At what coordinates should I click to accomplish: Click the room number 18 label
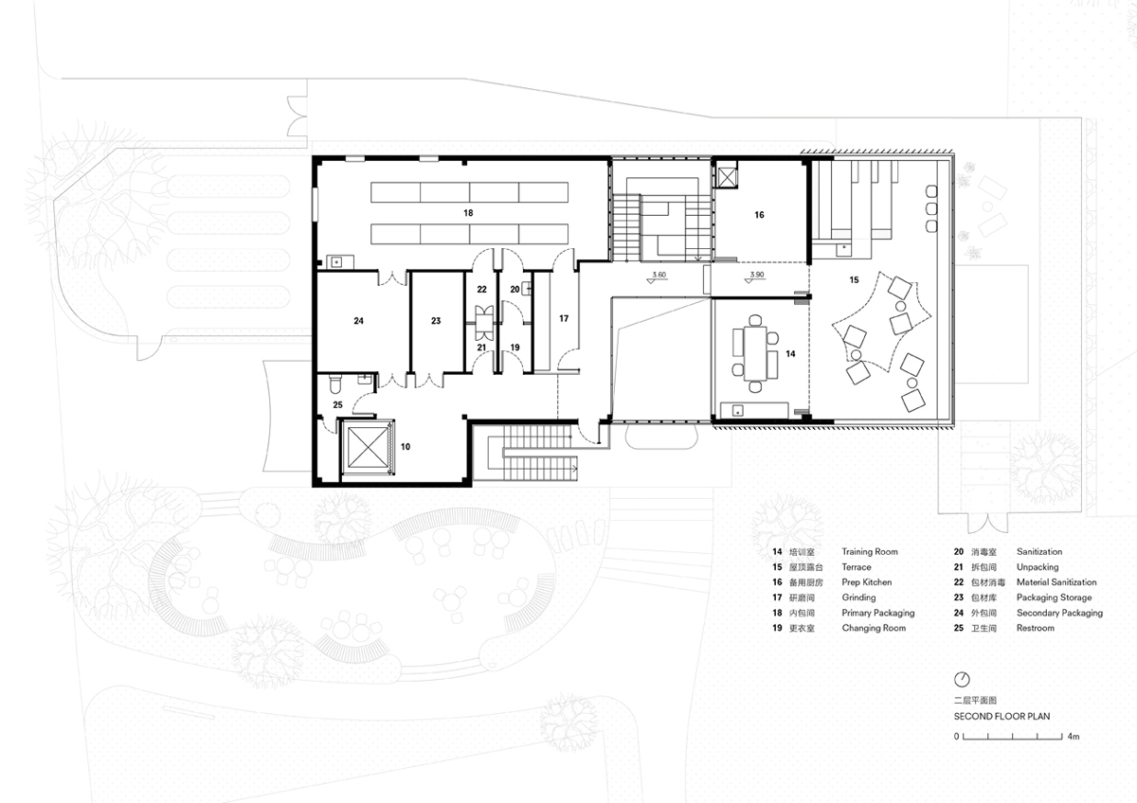tap(468, 213)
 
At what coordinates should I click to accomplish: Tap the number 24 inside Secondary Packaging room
tap(358, 321)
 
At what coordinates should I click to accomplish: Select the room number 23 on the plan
tap(436, 321)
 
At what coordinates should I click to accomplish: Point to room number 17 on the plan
tap(564, 318)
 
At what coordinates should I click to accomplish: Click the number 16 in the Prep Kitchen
tap(759, 215)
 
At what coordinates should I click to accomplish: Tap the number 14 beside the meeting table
tap(790, 353)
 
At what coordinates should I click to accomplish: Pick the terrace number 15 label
tap(854, 279)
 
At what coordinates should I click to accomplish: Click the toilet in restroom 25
tap(334, 384)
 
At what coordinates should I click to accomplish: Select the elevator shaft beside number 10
tap(367, 447)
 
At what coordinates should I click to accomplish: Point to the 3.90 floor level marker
tap(756, 277)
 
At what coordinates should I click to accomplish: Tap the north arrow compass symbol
tap(962, 679)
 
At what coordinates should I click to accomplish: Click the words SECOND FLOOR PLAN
tap(1002, 716)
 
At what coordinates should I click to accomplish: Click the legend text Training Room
tap(870, 551)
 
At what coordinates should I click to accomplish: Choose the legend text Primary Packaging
tap(878, 613)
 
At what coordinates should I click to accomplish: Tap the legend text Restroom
tap(1035, 628)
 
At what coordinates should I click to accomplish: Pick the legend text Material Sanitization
tap(1056, 581)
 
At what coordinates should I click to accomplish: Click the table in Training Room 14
tap(755, 353)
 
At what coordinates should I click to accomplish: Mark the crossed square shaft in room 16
tap(727, 177)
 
